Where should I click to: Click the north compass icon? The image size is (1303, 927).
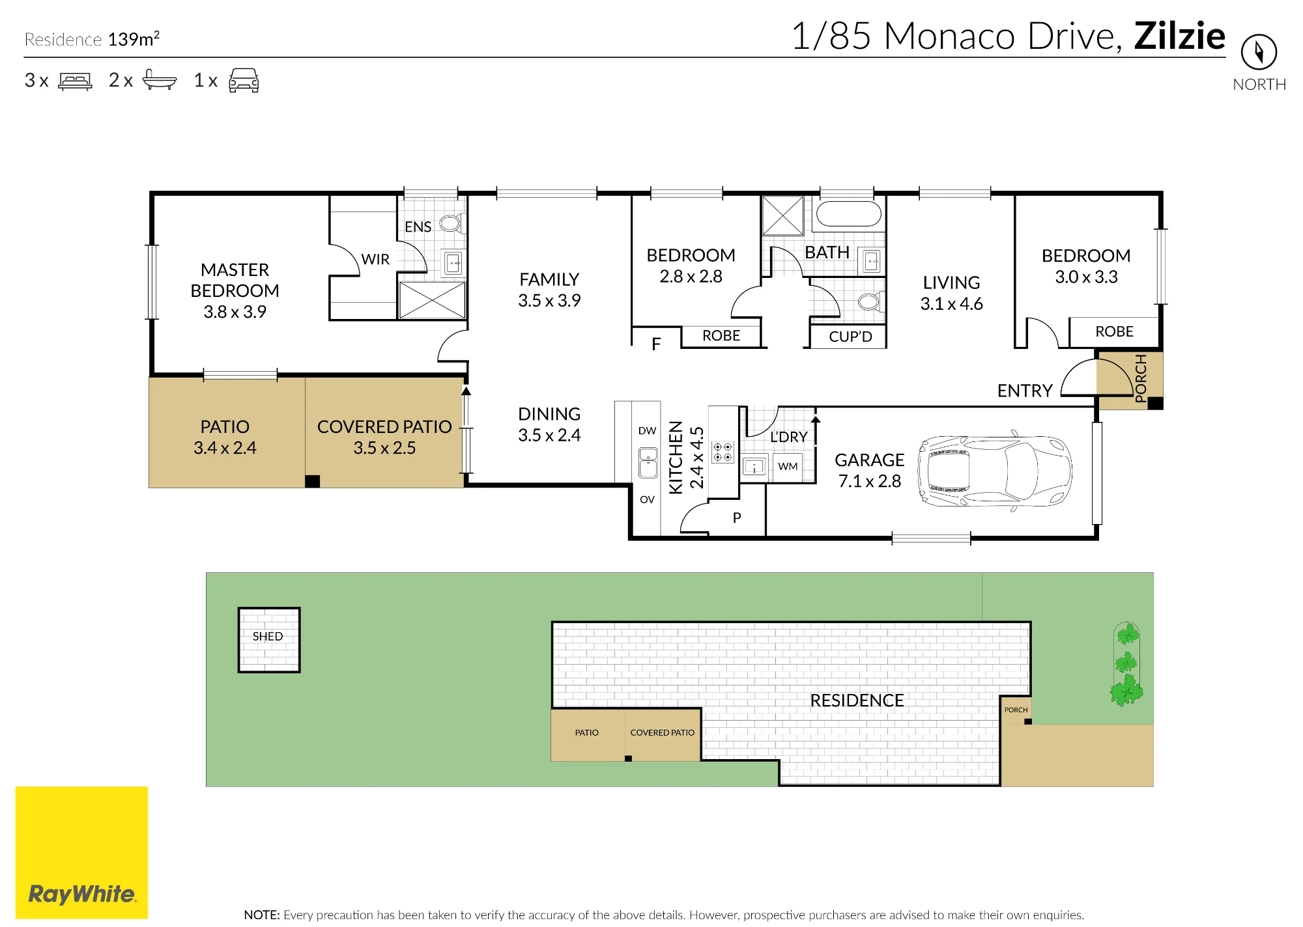1258,52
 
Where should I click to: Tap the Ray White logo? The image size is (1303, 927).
82,852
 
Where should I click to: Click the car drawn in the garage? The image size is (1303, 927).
995,471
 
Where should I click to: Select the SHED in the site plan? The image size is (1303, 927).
268,639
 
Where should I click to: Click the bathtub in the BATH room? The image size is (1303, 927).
848,214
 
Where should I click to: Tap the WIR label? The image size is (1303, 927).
375,259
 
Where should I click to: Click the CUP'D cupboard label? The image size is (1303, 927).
850,337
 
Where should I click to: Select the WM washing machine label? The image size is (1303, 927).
788,466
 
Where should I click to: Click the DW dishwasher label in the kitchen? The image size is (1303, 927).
647,430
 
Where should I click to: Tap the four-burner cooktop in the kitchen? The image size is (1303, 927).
723,452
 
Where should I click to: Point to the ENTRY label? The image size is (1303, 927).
1025,391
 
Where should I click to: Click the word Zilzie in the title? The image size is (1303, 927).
1179,36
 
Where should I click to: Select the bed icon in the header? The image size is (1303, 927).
75,81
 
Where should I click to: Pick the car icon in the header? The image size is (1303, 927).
244,80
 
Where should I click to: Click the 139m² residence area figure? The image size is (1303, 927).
134,38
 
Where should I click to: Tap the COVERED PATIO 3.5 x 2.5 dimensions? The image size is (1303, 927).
384,448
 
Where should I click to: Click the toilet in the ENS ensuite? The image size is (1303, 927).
451,223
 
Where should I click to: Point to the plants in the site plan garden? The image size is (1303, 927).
1126,664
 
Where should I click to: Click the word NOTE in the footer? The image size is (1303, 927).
261,915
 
